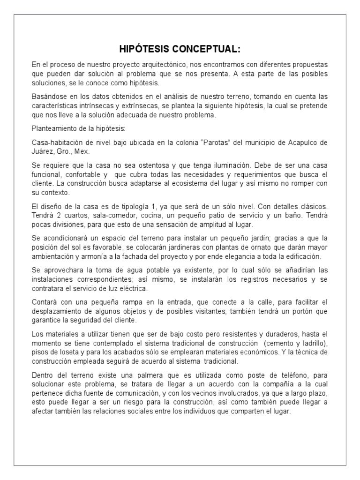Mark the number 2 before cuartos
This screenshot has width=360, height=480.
(57, 215)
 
